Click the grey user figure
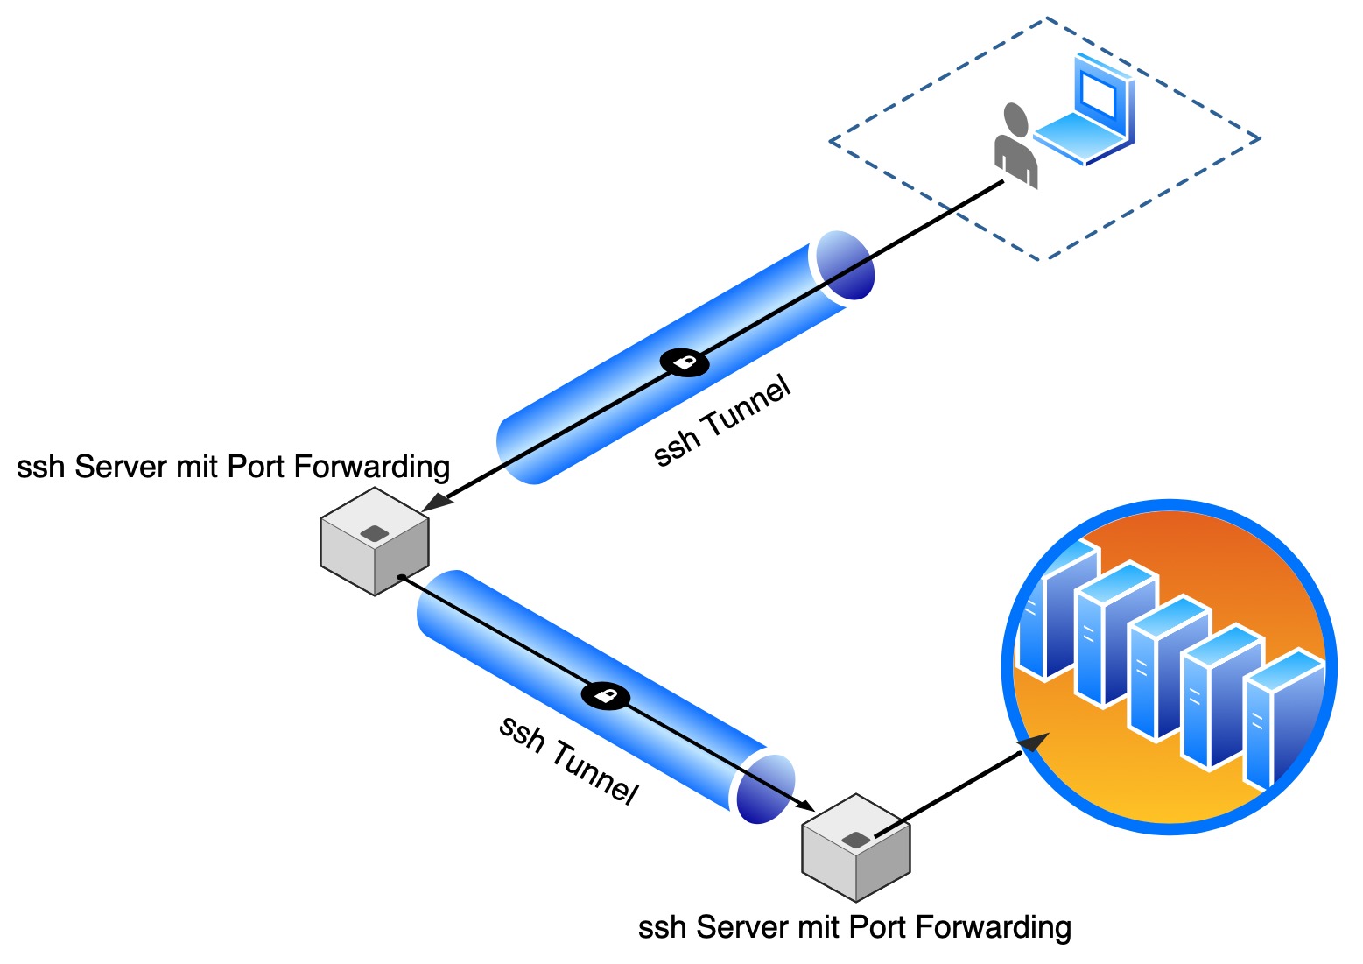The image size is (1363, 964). [1015, 149]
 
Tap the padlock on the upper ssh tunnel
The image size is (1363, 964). [684, 362]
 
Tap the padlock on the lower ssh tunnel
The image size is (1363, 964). [605, 696]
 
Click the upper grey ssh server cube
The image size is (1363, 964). [375, 542]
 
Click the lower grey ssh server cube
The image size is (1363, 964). [856, 848]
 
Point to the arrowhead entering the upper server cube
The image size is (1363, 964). [437, 503]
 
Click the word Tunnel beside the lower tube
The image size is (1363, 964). [594, 771]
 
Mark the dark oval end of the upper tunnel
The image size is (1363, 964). [845, 264]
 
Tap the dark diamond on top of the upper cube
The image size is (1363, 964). [375, 532]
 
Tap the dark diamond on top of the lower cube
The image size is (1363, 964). [855, 840]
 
